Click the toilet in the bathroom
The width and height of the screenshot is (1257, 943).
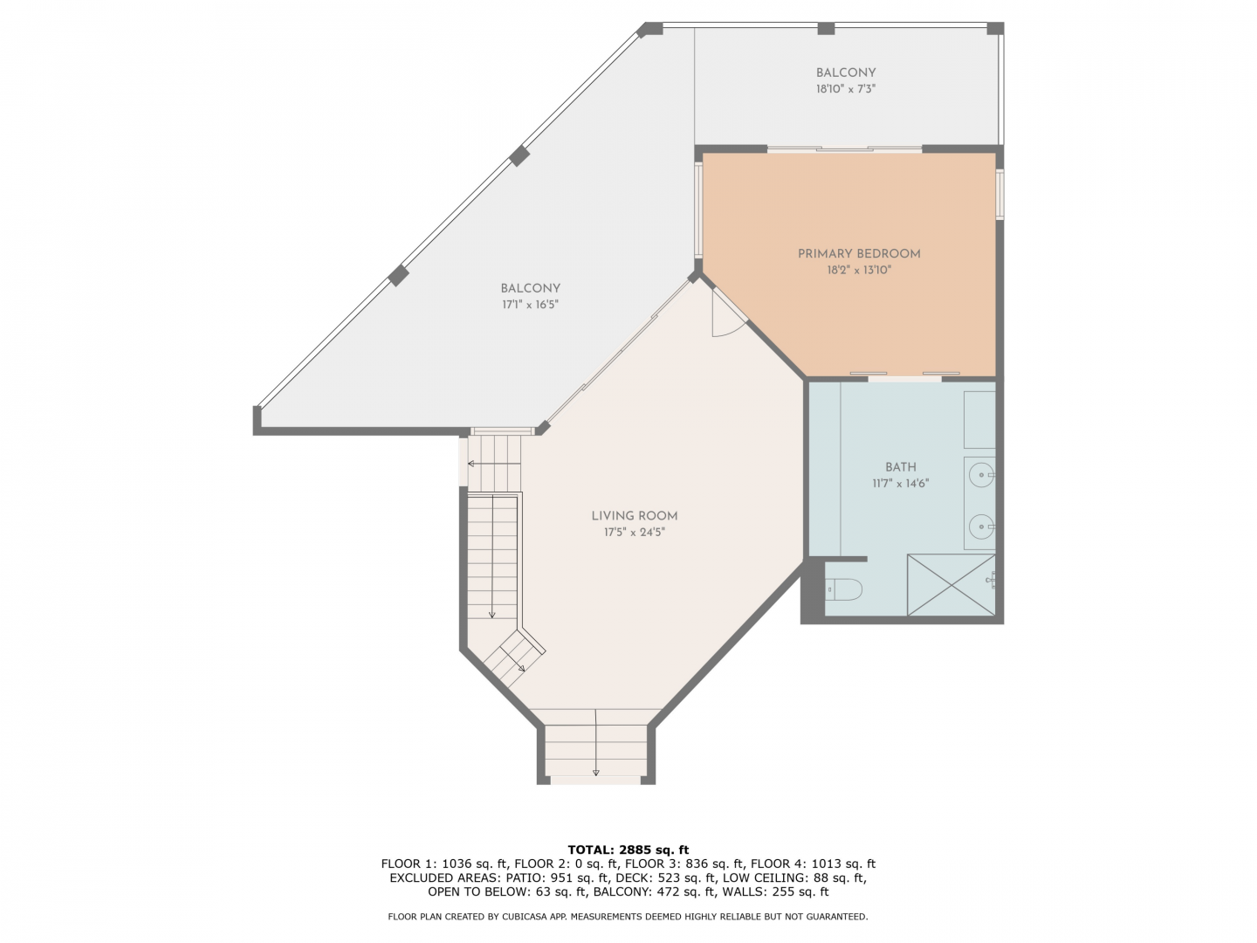843,589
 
